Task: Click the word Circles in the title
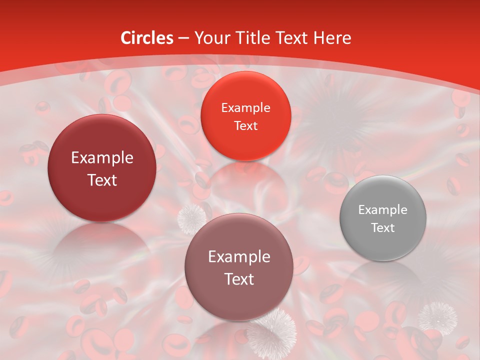pos(147,38)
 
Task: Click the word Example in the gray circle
pos(383,210)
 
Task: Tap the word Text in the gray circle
pos(383,228)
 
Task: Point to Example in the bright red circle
pos(245,108)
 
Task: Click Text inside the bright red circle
pos(245,126)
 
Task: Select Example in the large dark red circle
pos(102,158)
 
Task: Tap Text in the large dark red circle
pos(102,180)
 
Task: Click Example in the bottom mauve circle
pos(239,257)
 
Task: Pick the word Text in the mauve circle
pos(239,279)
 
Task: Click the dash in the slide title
pos(183,38)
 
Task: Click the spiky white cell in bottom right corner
pos(437,316)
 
